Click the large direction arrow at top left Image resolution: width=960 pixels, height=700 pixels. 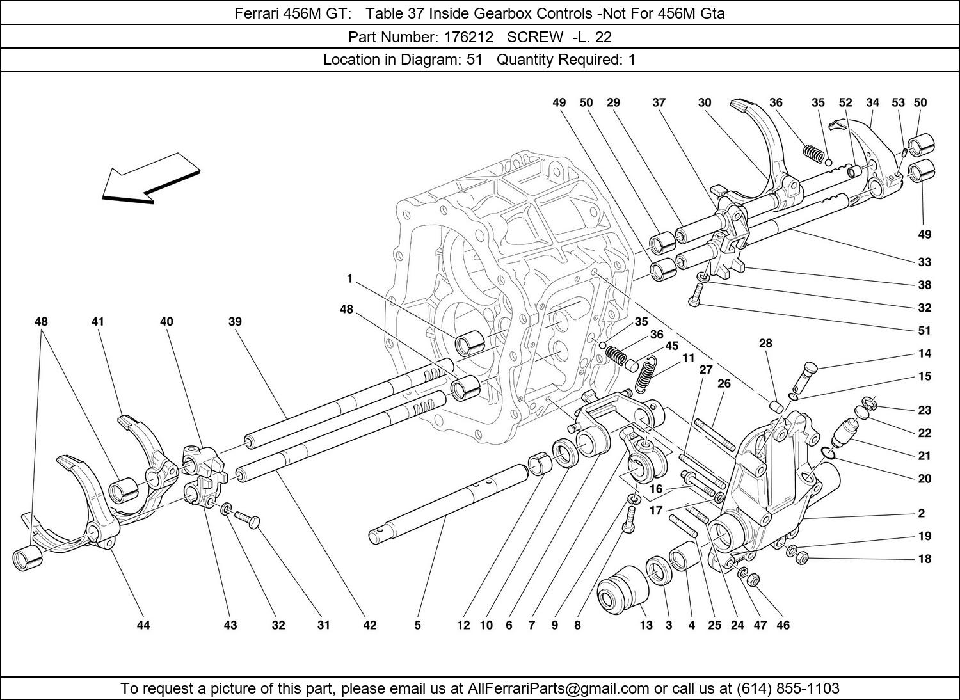coord(151,179)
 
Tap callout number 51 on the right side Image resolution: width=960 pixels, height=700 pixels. coord(924,331)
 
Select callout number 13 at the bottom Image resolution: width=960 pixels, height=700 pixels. coord(646,625)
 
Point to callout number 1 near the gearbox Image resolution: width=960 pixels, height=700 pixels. coord(350,278)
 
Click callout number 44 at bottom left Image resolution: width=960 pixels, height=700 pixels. coord(143,625)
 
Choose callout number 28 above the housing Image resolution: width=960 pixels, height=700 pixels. coord(765,344)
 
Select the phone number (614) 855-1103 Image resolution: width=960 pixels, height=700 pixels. coord(788,688)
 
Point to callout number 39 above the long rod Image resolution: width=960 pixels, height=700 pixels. coord(235,322)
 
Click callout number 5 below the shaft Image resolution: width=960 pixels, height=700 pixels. coord(417,625)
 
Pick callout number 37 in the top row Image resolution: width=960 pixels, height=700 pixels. coord(659,102)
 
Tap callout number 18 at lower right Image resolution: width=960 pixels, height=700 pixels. coord(924,559)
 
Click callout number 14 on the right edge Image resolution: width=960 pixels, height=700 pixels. coord(924,354)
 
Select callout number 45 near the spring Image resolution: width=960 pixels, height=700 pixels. coord(671,346)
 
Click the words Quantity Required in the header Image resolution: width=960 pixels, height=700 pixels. coord(558,60)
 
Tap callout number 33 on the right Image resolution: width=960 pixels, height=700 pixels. coord(924,262)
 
